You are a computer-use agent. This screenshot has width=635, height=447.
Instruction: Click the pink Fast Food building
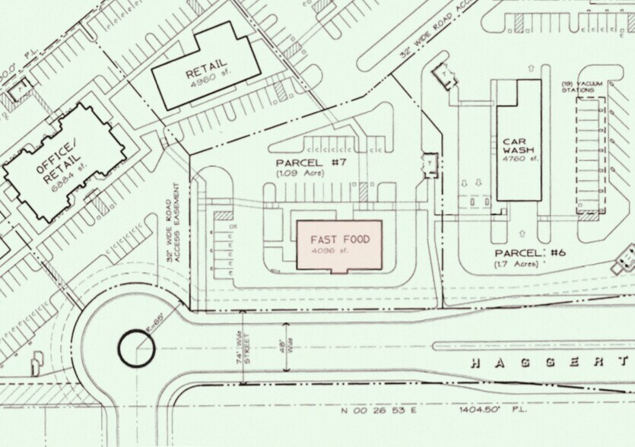(338, 245)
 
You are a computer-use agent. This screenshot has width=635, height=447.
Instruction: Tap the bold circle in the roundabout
(137, 350)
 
